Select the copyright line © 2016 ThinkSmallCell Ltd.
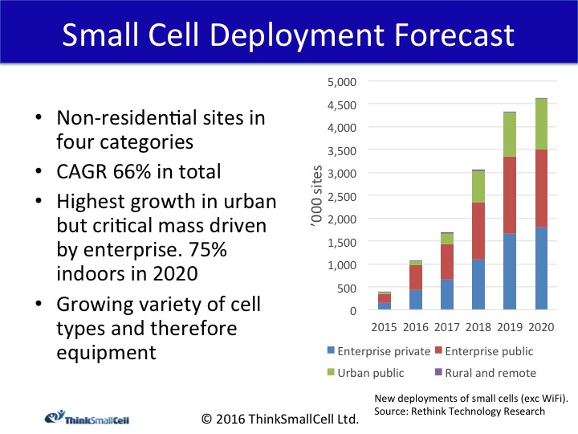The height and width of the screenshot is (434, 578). tap(279, 418)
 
